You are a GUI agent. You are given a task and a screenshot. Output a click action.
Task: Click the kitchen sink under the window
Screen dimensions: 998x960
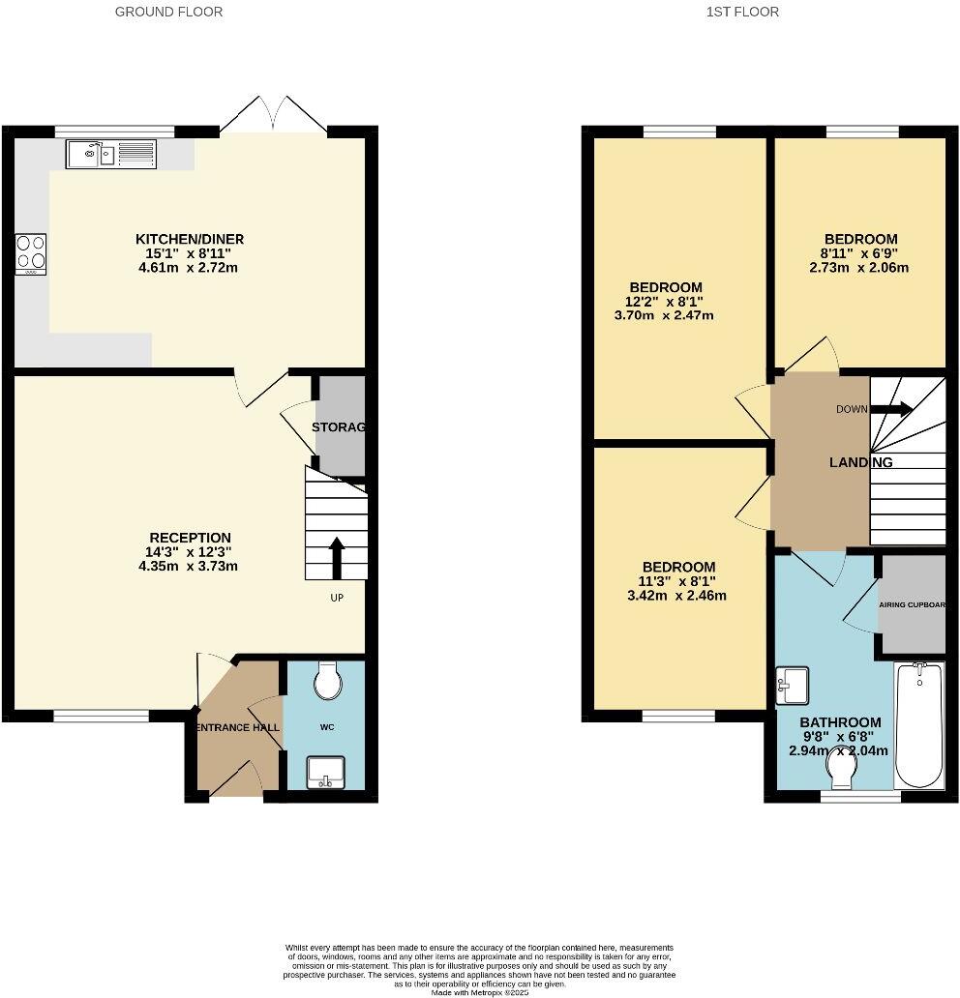pyautogui.click(x=110, y=154)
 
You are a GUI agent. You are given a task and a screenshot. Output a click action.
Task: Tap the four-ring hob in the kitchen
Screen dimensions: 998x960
pyautogui.click(x=30, y=253)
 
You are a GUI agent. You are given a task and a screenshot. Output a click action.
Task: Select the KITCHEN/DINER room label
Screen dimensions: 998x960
pyautogui.click(x=189, y=239)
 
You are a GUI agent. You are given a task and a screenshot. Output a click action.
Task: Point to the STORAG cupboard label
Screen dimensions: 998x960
pyautogui.click(x=338, y=427)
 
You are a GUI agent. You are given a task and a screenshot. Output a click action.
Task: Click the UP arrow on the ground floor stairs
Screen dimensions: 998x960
pyautogui.click(x=337, y=557)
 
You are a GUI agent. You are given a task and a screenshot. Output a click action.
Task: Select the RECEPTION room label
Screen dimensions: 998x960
pyautogui.click(x=190, y=538)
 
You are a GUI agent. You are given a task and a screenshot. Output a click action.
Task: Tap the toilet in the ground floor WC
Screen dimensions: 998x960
pyautogui.click(x=328, y=680)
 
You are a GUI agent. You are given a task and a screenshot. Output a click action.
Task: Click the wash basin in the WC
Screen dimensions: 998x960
pyautogui.click(x=327, y=773)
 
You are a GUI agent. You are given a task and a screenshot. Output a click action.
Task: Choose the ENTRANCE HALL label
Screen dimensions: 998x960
pyautogui.click(x=238, y=727)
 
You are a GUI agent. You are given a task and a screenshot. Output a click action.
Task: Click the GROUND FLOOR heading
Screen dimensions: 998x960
pyautogui.click(x=168, y=12)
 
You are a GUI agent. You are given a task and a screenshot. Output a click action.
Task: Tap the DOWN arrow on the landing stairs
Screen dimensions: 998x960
pyautogui.click(x=891, y=408)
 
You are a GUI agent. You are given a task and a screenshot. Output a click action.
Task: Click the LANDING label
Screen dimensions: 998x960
pyautogui.click(x=860, y=462)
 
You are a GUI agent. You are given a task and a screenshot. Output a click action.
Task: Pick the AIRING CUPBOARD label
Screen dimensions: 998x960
pyautogui.click(x=912, y=605)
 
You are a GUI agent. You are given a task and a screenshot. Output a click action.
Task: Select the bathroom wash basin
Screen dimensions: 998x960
pyautogui.click(x=793, y=686)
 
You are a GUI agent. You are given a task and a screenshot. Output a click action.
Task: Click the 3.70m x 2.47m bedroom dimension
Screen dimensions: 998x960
pyautogui.click(x=664, y=315)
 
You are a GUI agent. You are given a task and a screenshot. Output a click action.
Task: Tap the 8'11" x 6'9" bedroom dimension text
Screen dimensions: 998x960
pyautogui.click(x=860, y=253)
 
